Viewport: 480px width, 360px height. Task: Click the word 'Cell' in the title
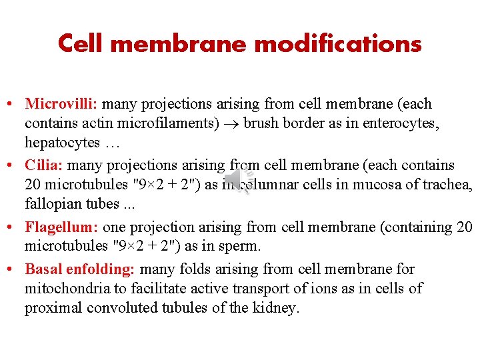[x=79, y=44]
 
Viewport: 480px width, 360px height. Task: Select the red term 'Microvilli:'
[x=62, y=104]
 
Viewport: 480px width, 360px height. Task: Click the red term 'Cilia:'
[x=45, y=165]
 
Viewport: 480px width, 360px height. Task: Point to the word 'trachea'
[x=447, y=185]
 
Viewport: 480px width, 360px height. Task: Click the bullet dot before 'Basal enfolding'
[x=13, y=270]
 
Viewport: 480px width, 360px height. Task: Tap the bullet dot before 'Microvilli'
[x=13, y=105]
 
